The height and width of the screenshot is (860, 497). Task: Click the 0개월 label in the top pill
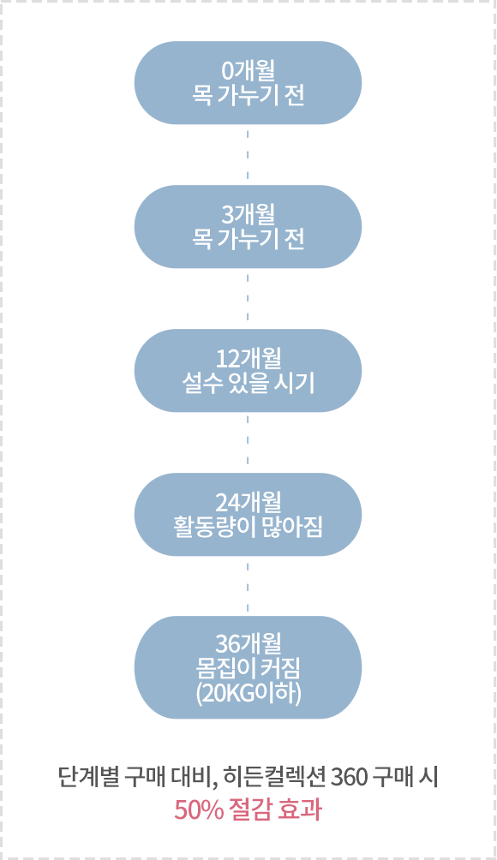(248, 71)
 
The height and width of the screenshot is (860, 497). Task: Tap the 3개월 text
(248, 214)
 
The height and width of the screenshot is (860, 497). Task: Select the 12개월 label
(248, 359)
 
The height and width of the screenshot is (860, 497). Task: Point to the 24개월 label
(248, 503)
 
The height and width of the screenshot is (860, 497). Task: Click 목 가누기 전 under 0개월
(248, 95)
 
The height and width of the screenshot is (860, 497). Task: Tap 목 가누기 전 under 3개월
(248, 239)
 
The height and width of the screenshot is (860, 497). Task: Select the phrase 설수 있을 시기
(248, 383)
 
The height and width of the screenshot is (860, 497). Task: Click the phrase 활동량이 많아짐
(248, 527)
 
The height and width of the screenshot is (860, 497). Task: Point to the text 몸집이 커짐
(248, 669)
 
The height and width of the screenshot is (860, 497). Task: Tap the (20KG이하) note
(248, 694)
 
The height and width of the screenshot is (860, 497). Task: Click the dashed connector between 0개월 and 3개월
(248, 155)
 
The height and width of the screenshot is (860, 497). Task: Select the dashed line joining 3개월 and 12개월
(248, 298)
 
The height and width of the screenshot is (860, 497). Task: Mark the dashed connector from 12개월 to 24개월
(248, 443)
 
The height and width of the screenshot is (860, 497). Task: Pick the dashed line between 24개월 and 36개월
(248, 586)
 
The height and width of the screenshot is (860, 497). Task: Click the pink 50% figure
(199, 810)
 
